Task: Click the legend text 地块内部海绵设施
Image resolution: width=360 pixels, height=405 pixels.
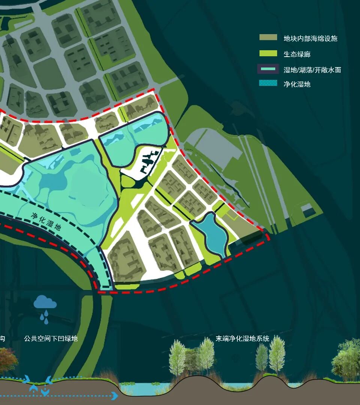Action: coord(310,39)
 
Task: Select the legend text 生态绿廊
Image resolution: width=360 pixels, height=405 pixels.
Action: coord(297,54)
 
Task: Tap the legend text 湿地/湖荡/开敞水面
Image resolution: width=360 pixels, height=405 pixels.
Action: coord(312,70)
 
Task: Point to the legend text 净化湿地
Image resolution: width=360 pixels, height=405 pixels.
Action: coord(297,84)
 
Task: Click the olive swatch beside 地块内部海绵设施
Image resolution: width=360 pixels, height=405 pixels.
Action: coord(268,37)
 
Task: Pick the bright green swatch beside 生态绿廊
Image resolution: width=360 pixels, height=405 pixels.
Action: coord(268,54)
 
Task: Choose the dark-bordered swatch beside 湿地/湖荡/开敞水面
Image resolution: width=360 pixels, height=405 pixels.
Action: coord(268,69)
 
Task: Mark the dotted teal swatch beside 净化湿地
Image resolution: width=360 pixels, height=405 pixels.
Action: coord(268,83)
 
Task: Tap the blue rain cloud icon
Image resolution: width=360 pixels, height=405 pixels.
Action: coord(45,302)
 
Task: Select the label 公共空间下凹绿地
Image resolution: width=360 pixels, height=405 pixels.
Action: coord(51,339)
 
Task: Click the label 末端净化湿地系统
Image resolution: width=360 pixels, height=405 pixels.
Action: coord(242,339)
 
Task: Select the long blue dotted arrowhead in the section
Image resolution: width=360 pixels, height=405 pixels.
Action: coord(115,395)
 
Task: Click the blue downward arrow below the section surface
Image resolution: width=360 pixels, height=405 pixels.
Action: coord(45,392)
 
